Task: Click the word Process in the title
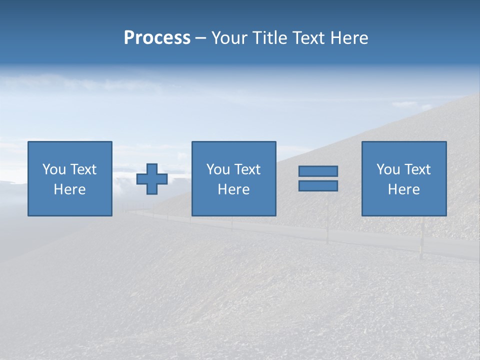click(x=157, y=38)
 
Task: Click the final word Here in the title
click(x=349, y=38)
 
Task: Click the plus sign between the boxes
click(x=152, y=179)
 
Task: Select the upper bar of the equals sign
click(x=318, y=171)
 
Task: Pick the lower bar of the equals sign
click(x=318, y=185)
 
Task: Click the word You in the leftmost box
click(x=54, y=169)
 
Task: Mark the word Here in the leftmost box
click(x=70, y=189)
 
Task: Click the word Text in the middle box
click(x=247, y=169)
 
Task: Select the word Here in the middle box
click(x=234, y=189)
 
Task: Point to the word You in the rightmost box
click(x=388, y=169)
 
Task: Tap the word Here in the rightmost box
click(x=404, y=189)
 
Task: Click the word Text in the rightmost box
click(x=417, y=169)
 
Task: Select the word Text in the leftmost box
click(x=83, y=169)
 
